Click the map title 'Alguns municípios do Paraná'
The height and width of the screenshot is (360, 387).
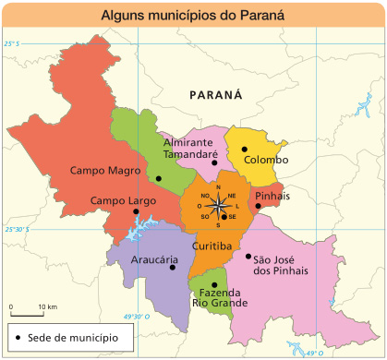(x=193, y=15)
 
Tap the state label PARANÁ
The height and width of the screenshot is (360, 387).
(x=214, y=95)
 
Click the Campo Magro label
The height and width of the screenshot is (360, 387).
(x=105, y=171)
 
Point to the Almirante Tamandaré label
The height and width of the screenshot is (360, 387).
(x=189, y=149)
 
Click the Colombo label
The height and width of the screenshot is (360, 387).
(x=266, y=161)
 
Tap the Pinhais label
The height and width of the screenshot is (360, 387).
(x=272, y=197)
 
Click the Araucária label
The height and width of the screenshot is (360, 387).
(x=154, y=259)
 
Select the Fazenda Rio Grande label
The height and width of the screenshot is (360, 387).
(x=219, y=297)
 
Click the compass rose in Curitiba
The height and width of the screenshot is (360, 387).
(x=218, y=206)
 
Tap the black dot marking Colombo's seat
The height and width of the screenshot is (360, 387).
(x=245, y=149)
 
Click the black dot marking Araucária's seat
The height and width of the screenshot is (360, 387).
(x=173, y=268)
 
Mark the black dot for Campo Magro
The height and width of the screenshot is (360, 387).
(x=159, y=178)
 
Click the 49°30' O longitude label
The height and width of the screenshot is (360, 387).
(x=136, y=317)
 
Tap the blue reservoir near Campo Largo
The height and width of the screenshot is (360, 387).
(x=138, y=224)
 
